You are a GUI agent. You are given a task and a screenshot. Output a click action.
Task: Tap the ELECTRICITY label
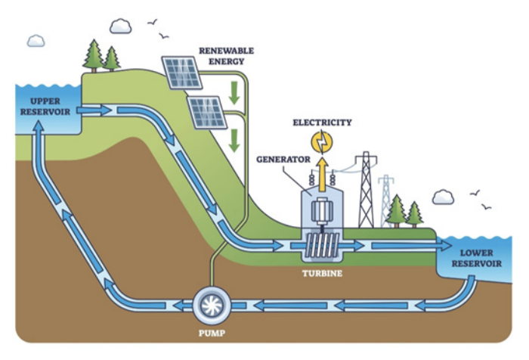pos(323,122)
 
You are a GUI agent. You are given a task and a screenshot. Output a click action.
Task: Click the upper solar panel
pos(182,72)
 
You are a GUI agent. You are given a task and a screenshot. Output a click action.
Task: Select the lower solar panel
pos(206,112)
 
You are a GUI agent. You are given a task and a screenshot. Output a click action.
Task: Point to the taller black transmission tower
pos(367,189)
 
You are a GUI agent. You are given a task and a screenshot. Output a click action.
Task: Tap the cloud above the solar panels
pos(120,26)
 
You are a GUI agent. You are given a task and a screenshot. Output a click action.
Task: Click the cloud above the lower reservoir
pos(443,198)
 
